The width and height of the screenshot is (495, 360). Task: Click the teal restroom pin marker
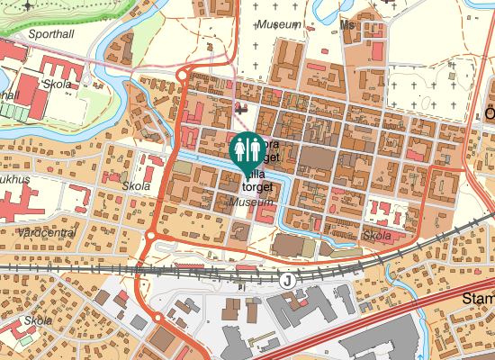coord(247,149)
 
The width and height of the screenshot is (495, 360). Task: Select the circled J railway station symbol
coord(287,281)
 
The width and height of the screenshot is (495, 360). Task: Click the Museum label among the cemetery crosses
coord(278,24)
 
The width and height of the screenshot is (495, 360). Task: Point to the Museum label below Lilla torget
coord(252,203)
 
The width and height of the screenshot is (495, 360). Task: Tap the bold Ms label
coord(349,25)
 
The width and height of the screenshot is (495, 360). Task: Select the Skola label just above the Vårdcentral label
coord(137,186)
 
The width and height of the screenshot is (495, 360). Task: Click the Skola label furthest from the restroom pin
coord(38,320)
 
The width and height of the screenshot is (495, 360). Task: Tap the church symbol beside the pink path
coord(240,107)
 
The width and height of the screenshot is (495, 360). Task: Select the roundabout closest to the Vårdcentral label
coord(150,237)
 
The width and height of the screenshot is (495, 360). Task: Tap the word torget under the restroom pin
coord(256,186)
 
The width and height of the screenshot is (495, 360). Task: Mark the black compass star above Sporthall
coord(30,4)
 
